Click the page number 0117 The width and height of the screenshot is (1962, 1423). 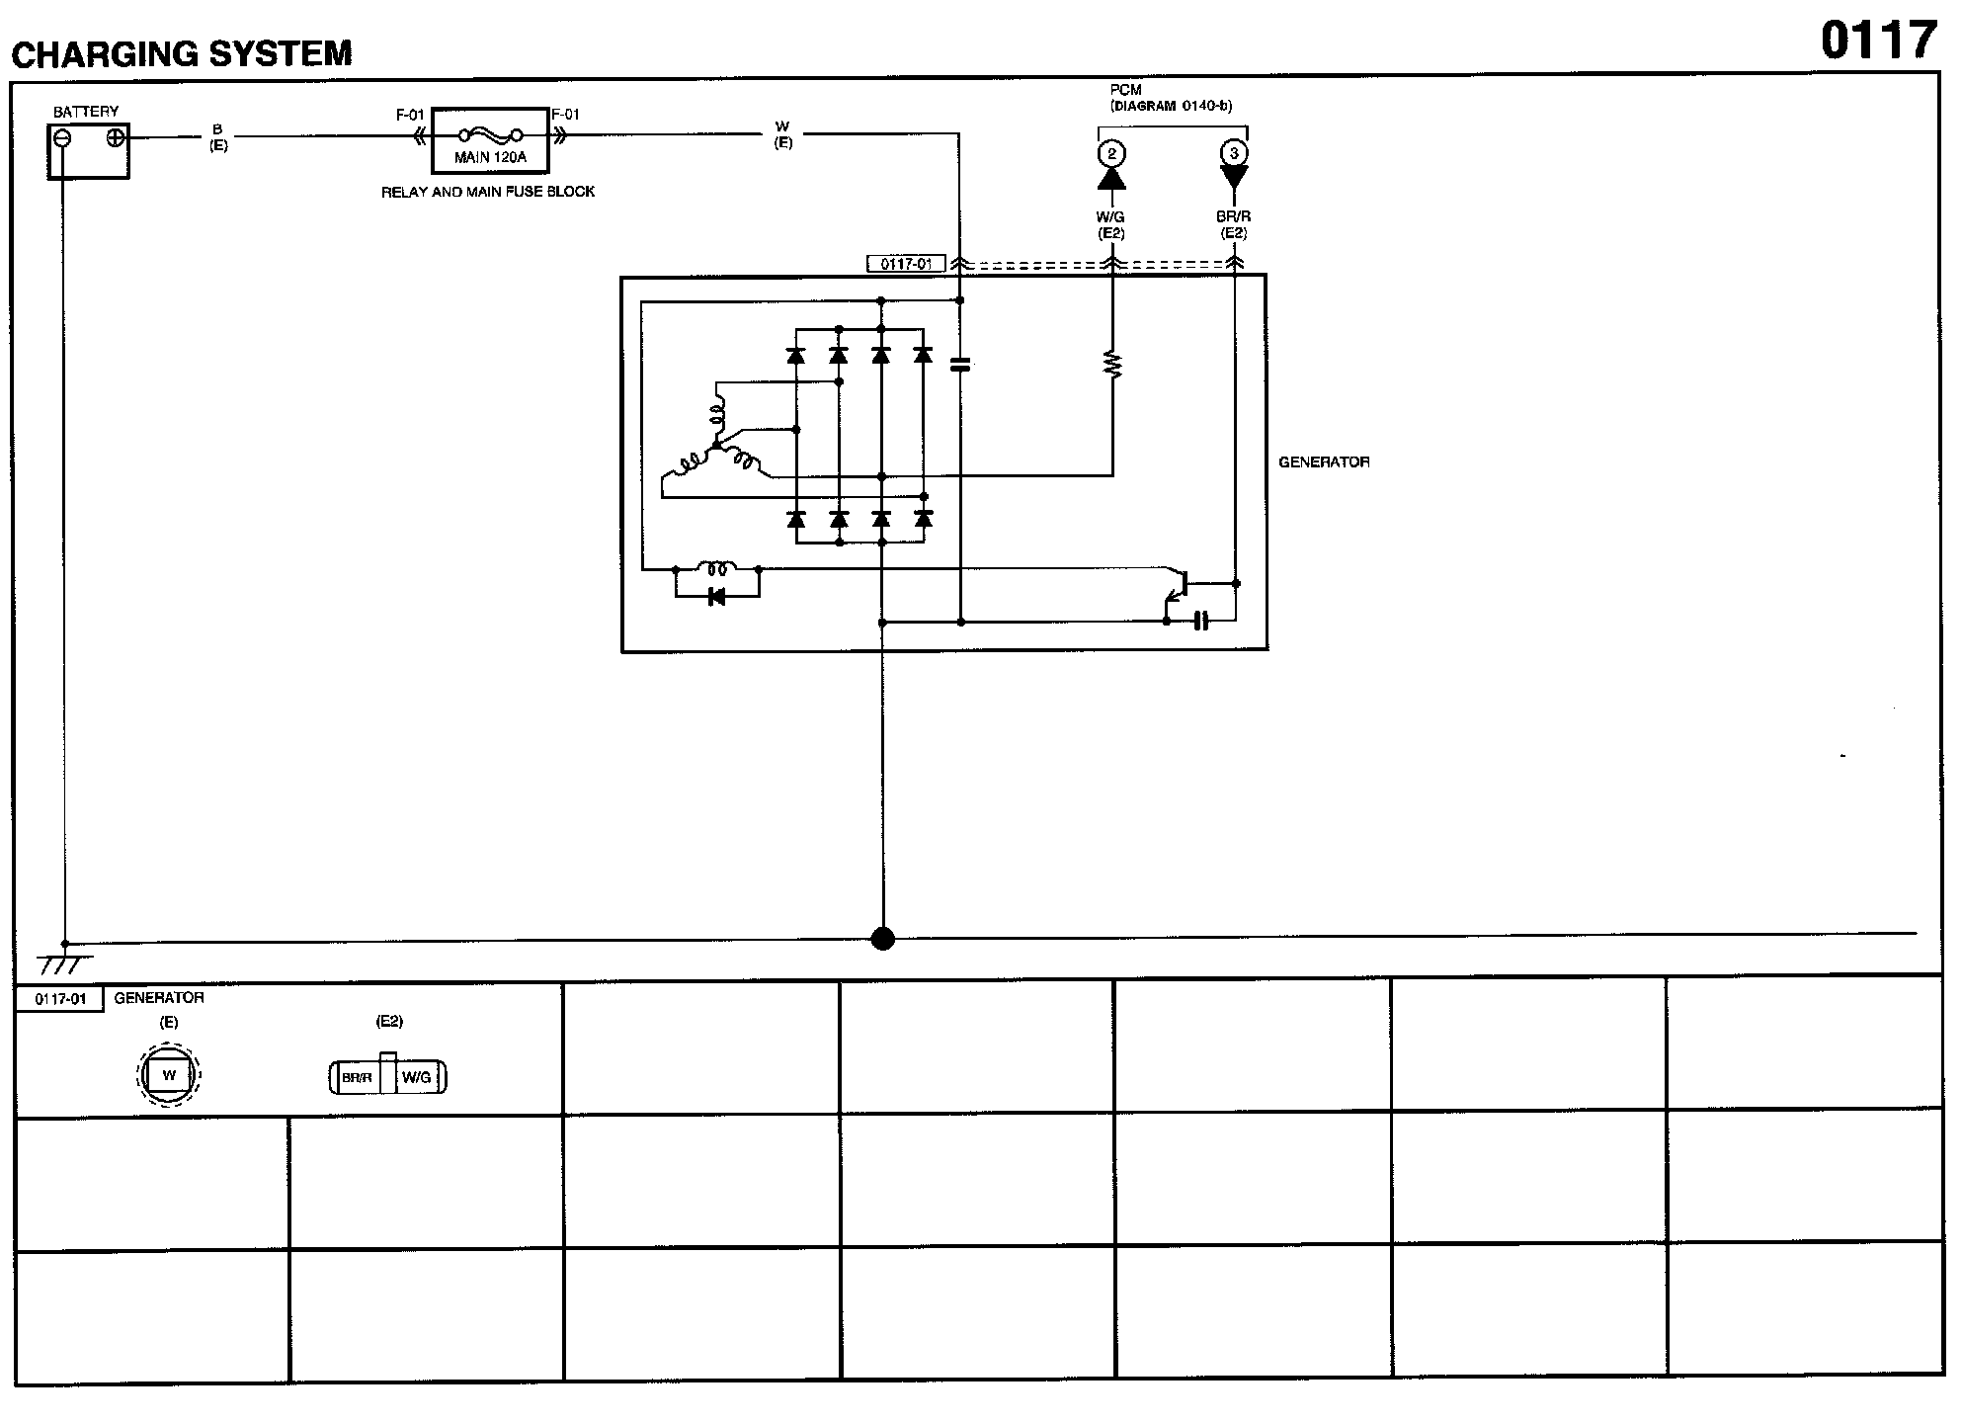coord(1878,42)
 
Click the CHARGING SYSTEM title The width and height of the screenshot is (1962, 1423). coord(182,53)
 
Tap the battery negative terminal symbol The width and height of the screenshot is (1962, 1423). coord(62,138)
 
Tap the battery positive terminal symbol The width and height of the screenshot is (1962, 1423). coord(116,137)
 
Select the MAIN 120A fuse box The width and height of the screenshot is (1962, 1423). coord(490,140)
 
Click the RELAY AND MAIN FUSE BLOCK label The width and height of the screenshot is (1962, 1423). coord(488,192)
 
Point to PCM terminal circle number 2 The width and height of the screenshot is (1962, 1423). coord(1111,153)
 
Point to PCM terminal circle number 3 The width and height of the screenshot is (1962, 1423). coord(1234,153)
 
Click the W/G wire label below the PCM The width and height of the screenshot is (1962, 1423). coord(1111,216)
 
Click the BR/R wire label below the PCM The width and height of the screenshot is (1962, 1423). coord(1234,216)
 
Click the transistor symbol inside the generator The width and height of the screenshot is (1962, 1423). coord(1176,585)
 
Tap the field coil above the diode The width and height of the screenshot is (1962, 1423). coord(716,568)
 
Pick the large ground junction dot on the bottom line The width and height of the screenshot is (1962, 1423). coord(883,938)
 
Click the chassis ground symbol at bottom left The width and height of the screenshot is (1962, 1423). coord(64,963)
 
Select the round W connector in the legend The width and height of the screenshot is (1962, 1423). coord(169,1075)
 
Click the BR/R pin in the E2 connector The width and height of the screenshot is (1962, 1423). coord(357,1078)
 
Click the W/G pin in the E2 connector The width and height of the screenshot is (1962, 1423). coord(416,1078)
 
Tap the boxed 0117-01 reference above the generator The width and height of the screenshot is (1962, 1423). coord(906,264)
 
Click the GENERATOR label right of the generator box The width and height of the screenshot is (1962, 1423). coord(1324,461)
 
